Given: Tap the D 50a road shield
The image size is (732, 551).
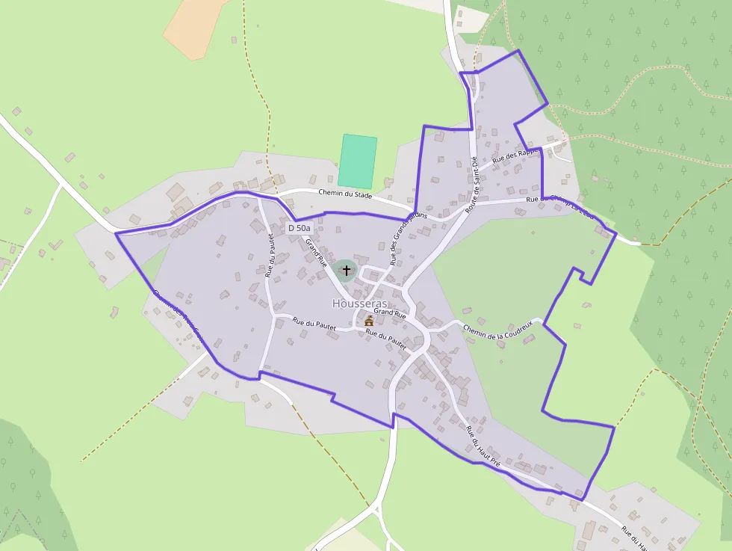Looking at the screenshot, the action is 300,228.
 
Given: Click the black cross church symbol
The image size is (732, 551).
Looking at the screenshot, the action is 346,270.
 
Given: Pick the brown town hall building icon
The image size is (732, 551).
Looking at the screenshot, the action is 369,321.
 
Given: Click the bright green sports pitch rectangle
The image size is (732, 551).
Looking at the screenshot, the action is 357,161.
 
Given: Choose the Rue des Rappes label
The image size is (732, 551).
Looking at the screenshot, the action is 516,156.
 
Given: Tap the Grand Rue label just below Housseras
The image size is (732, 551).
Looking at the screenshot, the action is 389,315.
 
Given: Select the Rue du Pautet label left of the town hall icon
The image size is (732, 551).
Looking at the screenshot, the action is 314,324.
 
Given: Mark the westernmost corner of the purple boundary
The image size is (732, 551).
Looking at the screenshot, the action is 116,234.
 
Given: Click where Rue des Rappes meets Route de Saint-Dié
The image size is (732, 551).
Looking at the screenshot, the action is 475,169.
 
